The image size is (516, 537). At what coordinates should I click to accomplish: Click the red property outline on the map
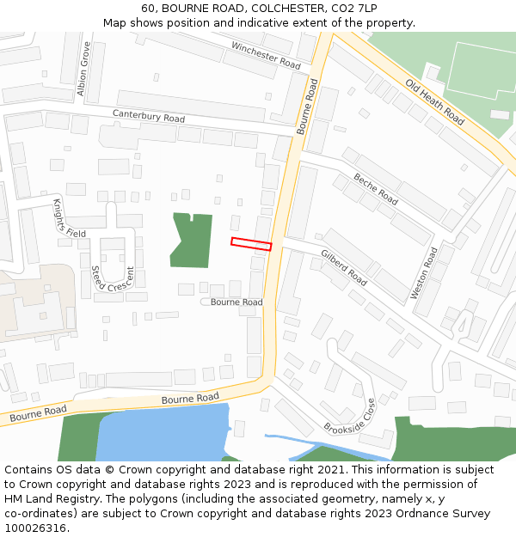251,244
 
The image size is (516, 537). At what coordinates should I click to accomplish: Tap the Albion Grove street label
83,68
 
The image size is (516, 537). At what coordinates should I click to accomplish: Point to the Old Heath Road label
435,103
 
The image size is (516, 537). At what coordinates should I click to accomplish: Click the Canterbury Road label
149,117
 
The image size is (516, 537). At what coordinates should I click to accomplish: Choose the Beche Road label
376,188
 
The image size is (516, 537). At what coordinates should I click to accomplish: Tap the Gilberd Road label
344,268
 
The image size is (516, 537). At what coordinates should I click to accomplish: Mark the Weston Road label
425,273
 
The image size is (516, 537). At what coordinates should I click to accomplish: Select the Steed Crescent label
113,278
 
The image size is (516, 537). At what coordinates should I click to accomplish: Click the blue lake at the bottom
163,434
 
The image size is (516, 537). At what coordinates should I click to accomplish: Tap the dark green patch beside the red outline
191,239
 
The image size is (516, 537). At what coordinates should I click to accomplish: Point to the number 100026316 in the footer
36,528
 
